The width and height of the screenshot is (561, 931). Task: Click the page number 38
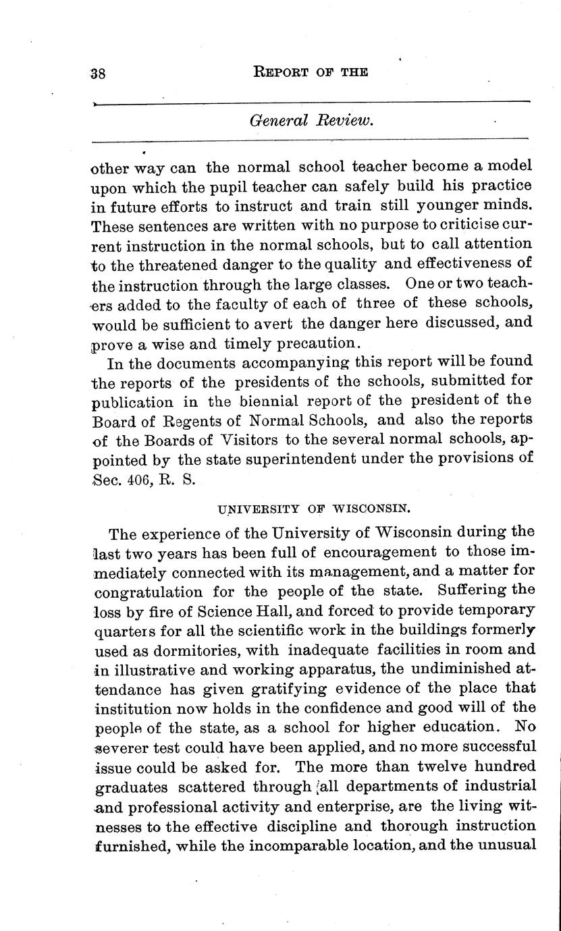coord(99,74)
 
